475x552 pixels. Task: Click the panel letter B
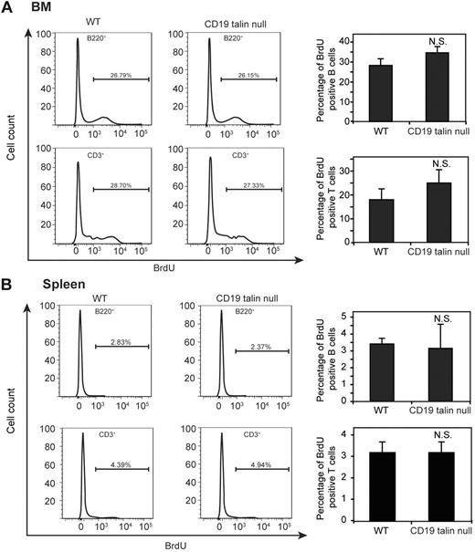coord(7,287)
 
